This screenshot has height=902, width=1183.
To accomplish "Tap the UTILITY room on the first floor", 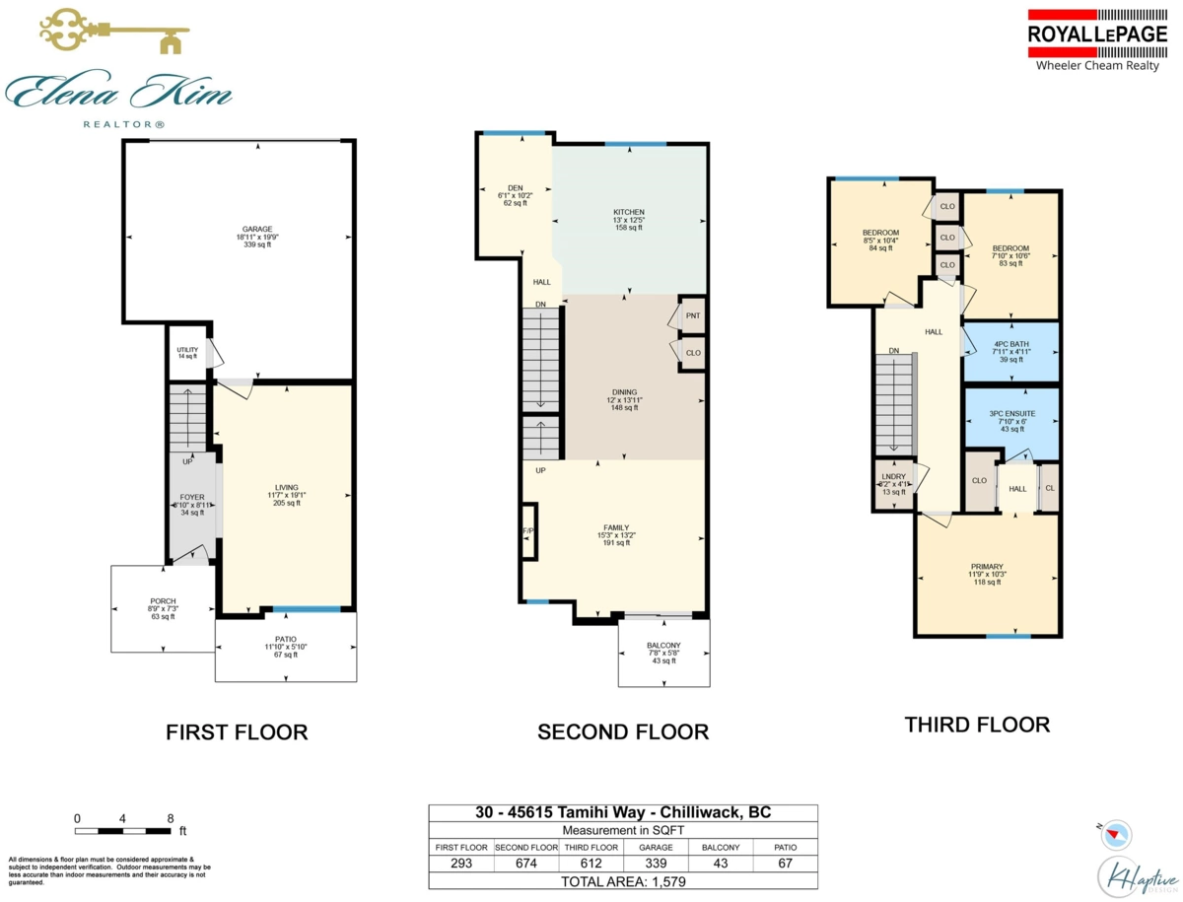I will (x=187, y=352).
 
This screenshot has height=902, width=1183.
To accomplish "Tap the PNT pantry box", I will (x=693, y=315).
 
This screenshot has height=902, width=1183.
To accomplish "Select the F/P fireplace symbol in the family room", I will (x=528, y=531).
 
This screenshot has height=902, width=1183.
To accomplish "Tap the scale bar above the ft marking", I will (x=123, y=819).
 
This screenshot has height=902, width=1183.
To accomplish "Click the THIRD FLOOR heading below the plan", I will (x=977, y=725).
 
